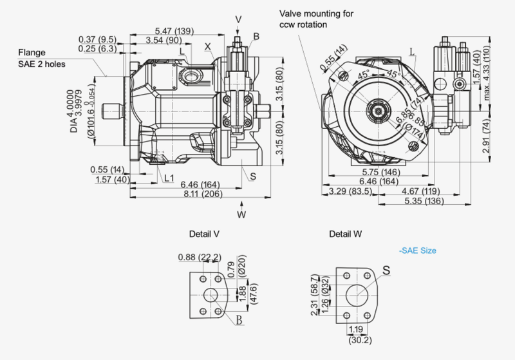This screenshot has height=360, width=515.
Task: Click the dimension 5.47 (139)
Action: click(175, 31)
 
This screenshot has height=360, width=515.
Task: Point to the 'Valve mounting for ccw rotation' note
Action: click(316, 19)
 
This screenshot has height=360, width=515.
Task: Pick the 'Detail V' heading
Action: click(204, 234)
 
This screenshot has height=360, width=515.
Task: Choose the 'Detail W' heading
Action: click(344, 234)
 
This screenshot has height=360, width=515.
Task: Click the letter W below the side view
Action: click(241, 214)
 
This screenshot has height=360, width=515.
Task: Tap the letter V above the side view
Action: click(239, 19)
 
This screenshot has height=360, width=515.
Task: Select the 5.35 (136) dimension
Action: click(424, 202)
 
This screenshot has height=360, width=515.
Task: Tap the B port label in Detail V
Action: click(238, 319)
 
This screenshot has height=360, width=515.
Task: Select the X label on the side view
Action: click(208, 46)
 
